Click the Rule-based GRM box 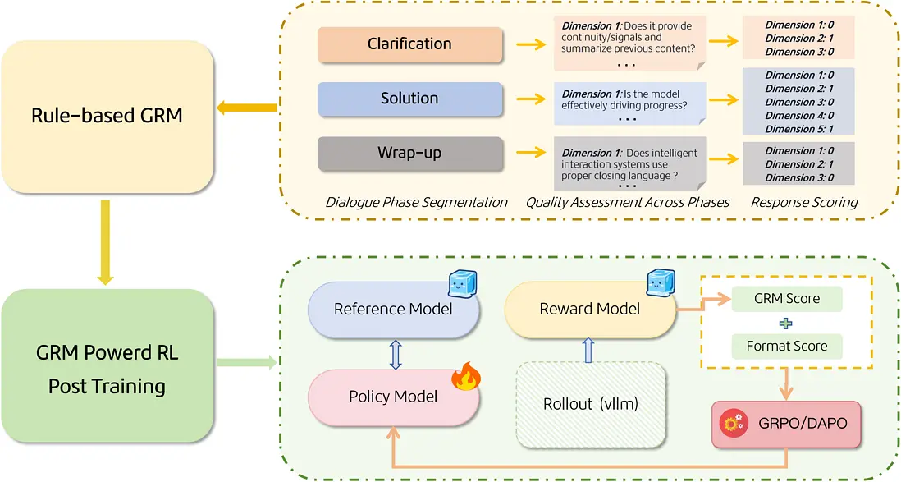pyautogui.click(x=107, y=115)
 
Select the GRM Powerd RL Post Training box pyautogui.click(x=107, y=369)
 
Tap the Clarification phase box pyautogui.click(x=409, y=44)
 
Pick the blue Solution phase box pyautogui.click(x=409, y=99)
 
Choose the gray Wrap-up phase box pyautogui.click(x=409, y=153)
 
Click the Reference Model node pyautogui.click(x=393, y=309)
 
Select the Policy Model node pyautogui.click(x=393, y=396)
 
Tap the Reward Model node pyautogui.click(x=590, y=309)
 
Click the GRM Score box pyautogui.click(x=786, y=299)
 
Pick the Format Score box pyautogui.click(x=786, y=346)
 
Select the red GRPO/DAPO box pyautogui.click(x=788, y=424)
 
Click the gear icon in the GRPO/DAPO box pyautogui.click(x=731, y=424)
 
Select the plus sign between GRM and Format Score pyautogui.click(x=786, y=323)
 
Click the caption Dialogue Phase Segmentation pyautogui.click(x=416, y=202)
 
